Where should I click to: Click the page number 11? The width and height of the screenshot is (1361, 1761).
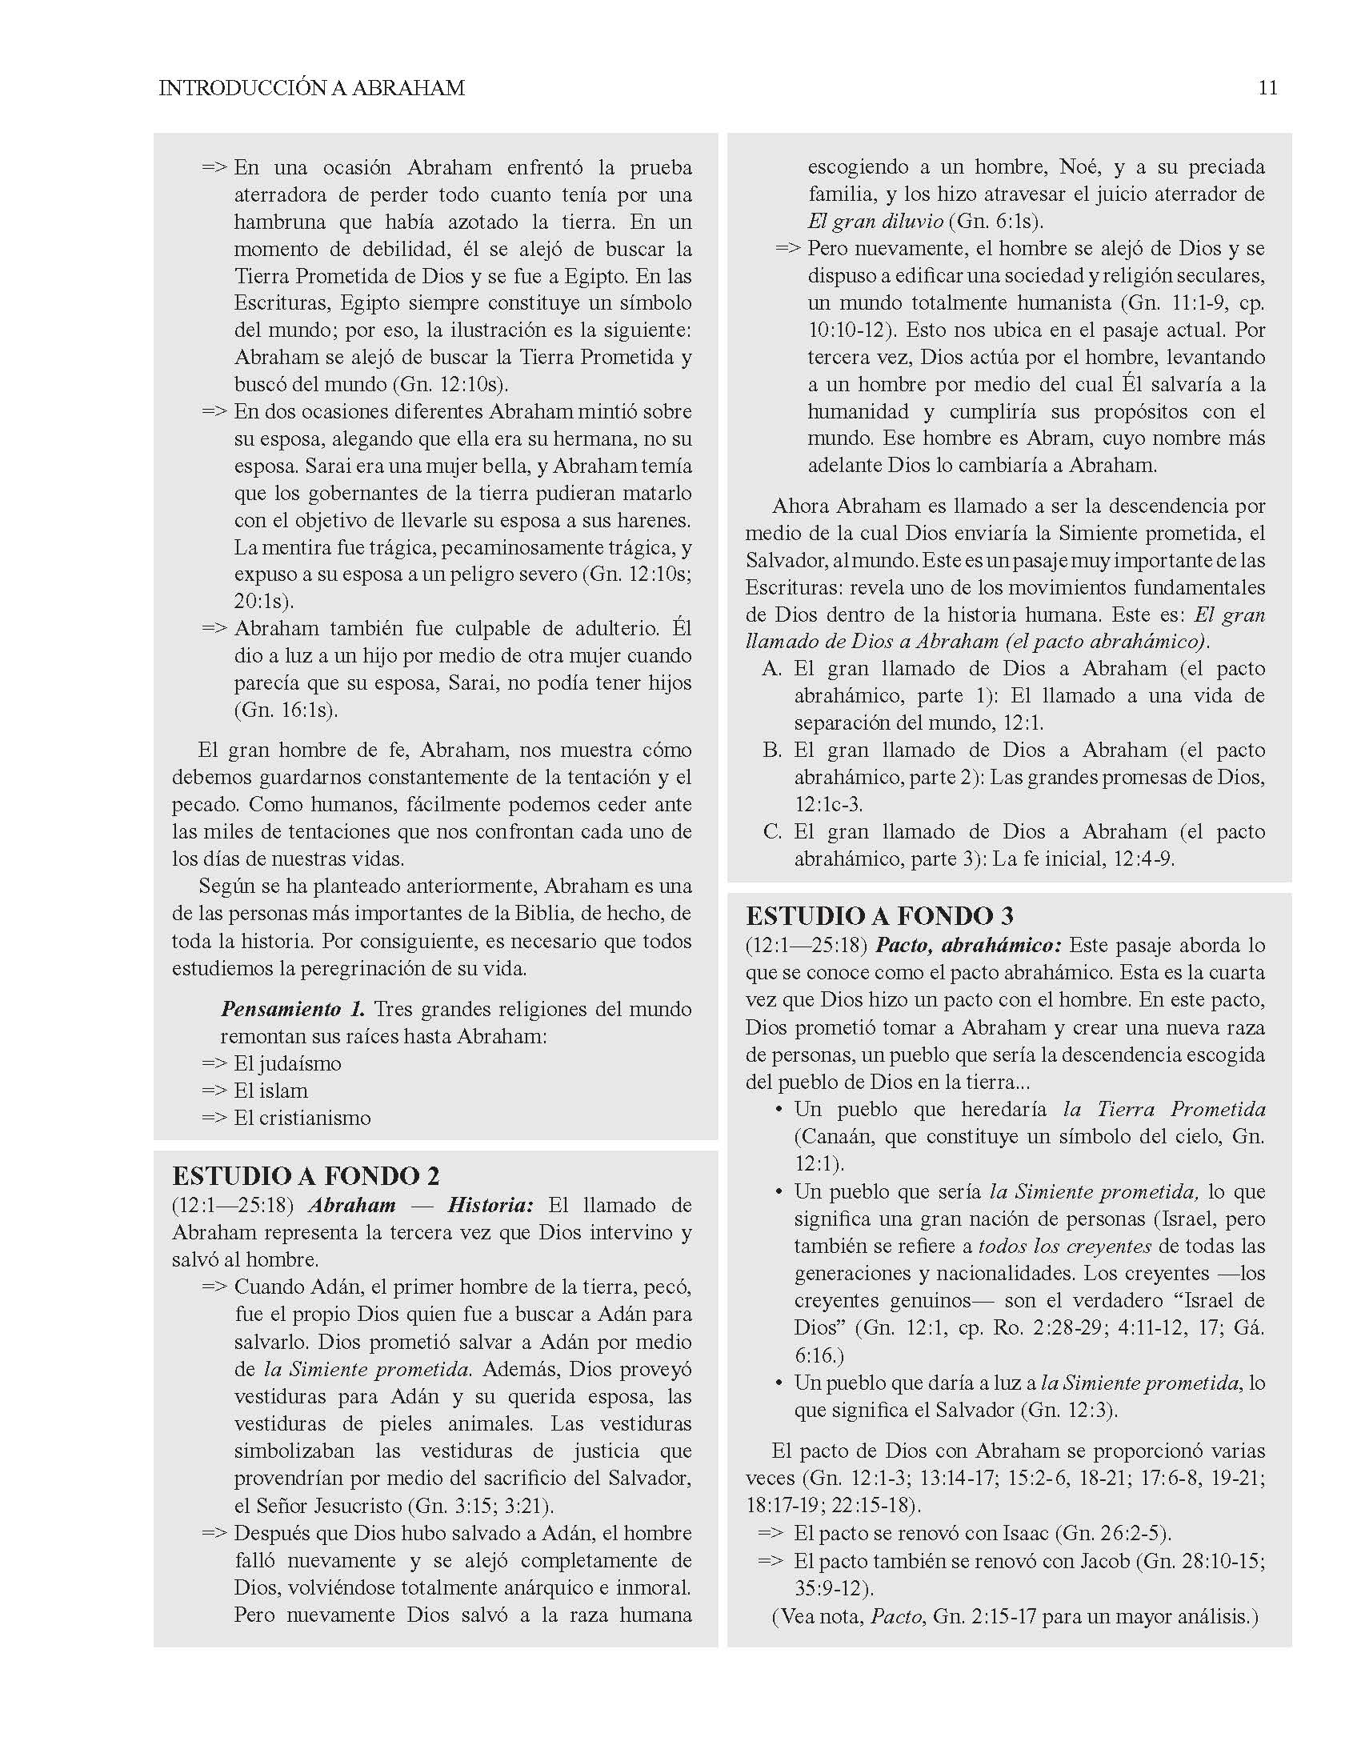point(1267,88)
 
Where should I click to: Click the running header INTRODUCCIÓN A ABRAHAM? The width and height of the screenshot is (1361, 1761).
point(311,89)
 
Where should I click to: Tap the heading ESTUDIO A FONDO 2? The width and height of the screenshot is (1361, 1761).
point(306,1176)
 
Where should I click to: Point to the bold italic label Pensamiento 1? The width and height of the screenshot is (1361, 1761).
point(293,1010)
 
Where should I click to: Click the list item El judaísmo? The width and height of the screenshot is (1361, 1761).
point(287,1063)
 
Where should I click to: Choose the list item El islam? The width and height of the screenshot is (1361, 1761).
point(270,1091)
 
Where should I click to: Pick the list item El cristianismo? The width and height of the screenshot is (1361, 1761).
point(302,1119)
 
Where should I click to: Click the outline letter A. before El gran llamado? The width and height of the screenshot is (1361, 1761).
point(771,669)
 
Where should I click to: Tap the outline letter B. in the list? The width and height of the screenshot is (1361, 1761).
point(771,750)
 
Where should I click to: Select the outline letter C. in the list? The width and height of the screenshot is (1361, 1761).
point(771,832)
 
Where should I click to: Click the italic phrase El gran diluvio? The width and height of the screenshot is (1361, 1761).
point(875,222)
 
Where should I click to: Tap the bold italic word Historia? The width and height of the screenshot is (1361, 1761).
point(490,1206)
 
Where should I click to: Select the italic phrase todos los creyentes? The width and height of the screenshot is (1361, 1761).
point(1064,1246)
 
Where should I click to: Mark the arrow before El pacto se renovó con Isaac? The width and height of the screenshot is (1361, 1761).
point(770,1533)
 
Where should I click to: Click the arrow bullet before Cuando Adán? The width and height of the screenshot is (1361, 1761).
point(214,1287)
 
